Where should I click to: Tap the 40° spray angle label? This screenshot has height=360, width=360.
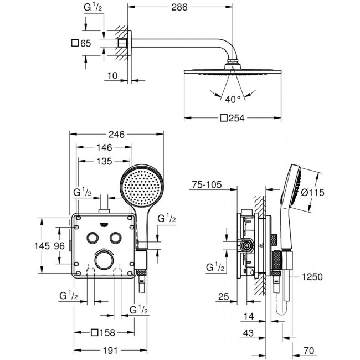(233, 100)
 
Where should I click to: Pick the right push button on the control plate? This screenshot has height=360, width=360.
(115, 237)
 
